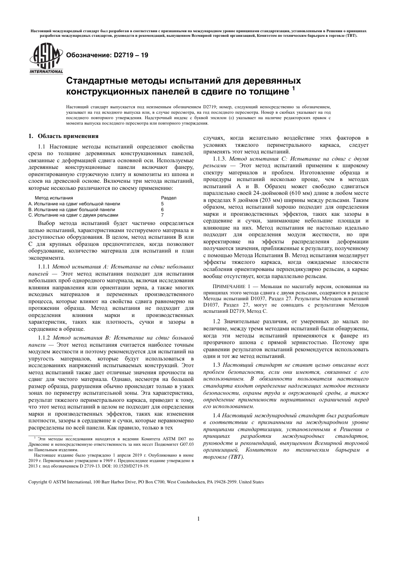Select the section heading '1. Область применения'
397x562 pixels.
[x=63, y=136]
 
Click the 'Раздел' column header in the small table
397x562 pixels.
[x=168, y=198]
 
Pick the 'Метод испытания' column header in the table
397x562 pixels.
[x=53, y=198]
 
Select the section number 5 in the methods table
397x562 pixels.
[x=163, y=204]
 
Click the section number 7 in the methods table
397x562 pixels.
[x=163, y=215]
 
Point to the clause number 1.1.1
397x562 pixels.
[x=44, y=266]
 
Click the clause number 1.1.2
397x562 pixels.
[x=44, y=337]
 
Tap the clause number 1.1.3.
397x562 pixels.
[x=220, y=159]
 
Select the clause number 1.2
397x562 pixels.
[x=216, y=322]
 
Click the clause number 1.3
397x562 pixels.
[x=216, y=365]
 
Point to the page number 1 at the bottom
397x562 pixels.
[x=198, y=519]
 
